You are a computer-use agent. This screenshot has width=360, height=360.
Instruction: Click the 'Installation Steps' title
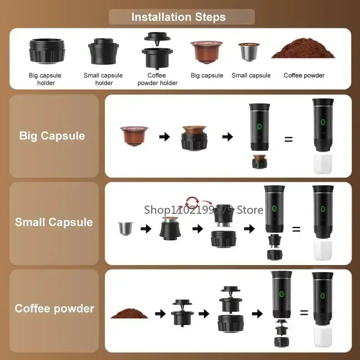179,17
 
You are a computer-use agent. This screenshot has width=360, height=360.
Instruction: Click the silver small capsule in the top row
249,53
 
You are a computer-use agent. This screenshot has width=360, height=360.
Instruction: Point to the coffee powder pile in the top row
303,51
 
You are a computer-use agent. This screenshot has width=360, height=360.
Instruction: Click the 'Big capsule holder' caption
45,79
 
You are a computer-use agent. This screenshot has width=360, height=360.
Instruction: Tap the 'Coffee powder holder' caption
157,79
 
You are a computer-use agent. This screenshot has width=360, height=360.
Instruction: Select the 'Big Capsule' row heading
52,136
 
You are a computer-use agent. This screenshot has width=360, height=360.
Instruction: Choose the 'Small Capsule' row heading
54,222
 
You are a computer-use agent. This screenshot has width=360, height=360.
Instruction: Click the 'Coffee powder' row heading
54,309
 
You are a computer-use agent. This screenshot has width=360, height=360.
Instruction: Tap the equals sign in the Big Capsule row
288,139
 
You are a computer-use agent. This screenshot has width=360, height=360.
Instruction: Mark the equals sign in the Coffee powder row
304,312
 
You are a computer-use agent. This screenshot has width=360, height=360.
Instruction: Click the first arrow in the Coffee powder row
160,314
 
